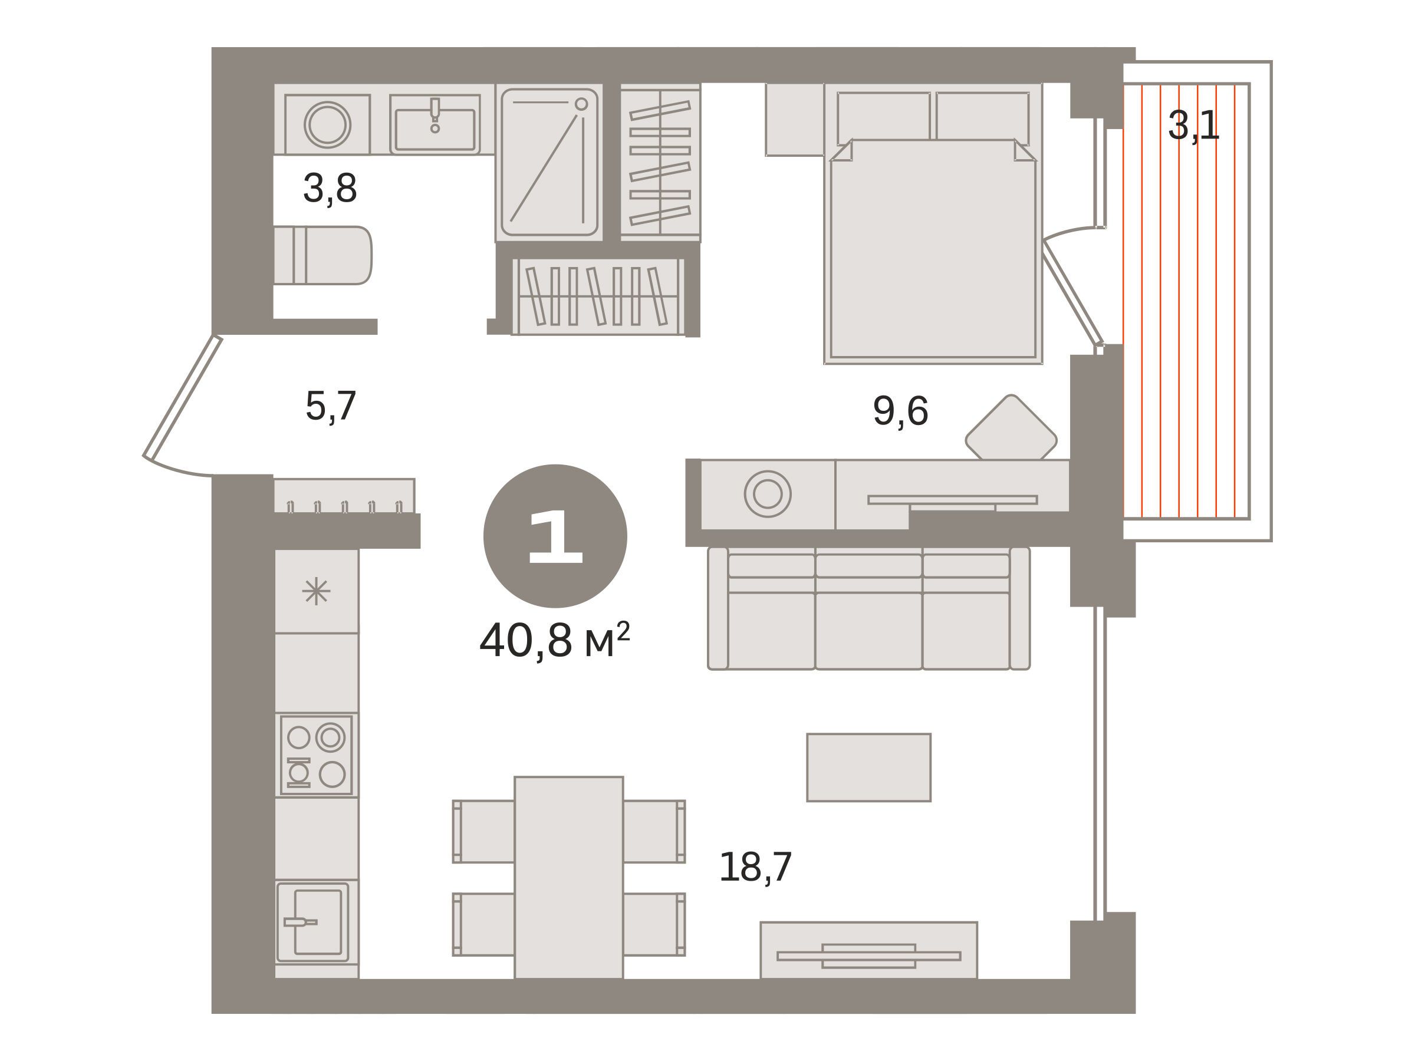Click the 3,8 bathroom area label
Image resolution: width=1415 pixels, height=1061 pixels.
click(x=330, y=189)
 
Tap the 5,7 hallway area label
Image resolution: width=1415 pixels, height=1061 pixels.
click(x=331, y=406)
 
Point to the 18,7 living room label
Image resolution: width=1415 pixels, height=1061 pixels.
click(x=755, y=867)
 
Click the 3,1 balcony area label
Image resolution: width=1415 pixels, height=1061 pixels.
click(x=1194, y=126)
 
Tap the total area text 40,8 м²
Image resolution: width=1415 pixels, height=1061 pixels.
click(x=555, y=640)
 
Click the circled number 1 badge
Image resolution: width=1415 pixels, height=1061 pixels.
click(x=555, y=536)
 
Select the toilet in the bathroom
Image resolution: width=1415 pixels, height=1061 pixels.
click(x=323, y=255)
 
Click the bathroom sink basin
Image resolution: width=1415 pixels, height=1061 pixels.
click(x=435, y=125)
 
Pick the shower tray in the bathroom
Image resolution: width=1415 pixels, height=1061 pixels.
click(x=549, y=163)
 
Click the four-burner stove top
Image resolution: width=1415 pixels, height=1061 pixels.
click(x=316, y=754)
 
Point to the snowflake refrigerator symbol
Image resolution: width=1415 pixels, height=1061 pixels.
click(x=316, y=592)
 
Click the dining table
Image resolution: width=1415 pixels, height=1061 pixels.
click(x=569, y=878)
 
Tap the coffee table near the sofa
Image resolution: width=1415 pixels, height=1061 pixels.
click(x=868, y=767)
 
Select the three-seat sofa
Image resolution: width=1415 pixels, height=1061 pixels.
click(x=868, y=608)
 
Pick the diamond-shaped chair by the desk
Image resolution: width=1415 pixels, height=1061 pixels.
click(x=1011, y=428)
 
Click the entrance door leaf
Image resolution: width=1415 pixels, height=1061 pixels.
click(x=182, y=397)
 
